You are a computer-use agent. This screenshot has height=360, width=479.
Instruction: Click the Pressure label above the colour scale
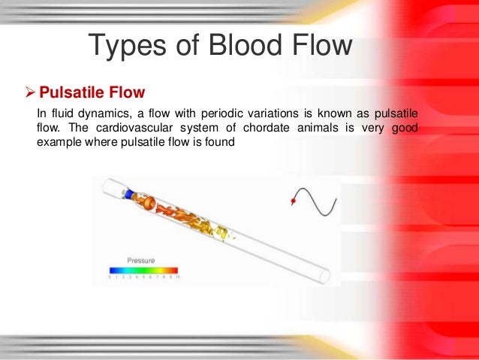142,259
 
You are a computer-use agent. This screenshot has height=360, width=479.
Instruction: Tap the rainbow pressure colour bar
143,269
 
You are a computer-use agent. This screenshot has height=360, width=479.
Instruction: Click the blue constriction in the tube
130,195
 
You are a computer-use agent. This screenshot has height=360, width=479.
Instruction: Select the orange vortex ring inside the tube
149,204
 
